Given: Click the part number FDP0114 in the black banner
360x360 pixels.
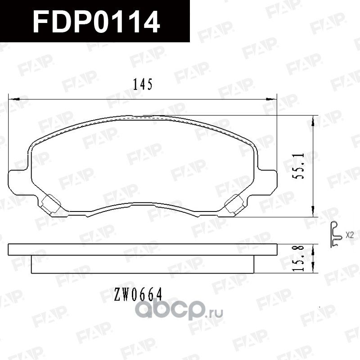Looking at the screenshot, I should [97, 21].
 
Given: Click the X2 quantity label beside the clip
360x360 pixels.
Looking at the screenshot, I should [350, 234].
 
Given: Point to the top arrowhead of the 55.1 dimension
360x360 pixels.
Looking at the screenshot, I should [313, 117].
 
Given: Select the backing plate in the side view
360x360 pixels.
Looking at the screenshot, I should [143, 250].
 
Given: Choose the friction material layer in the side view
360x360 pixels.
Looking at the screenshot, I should [143, 265].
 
